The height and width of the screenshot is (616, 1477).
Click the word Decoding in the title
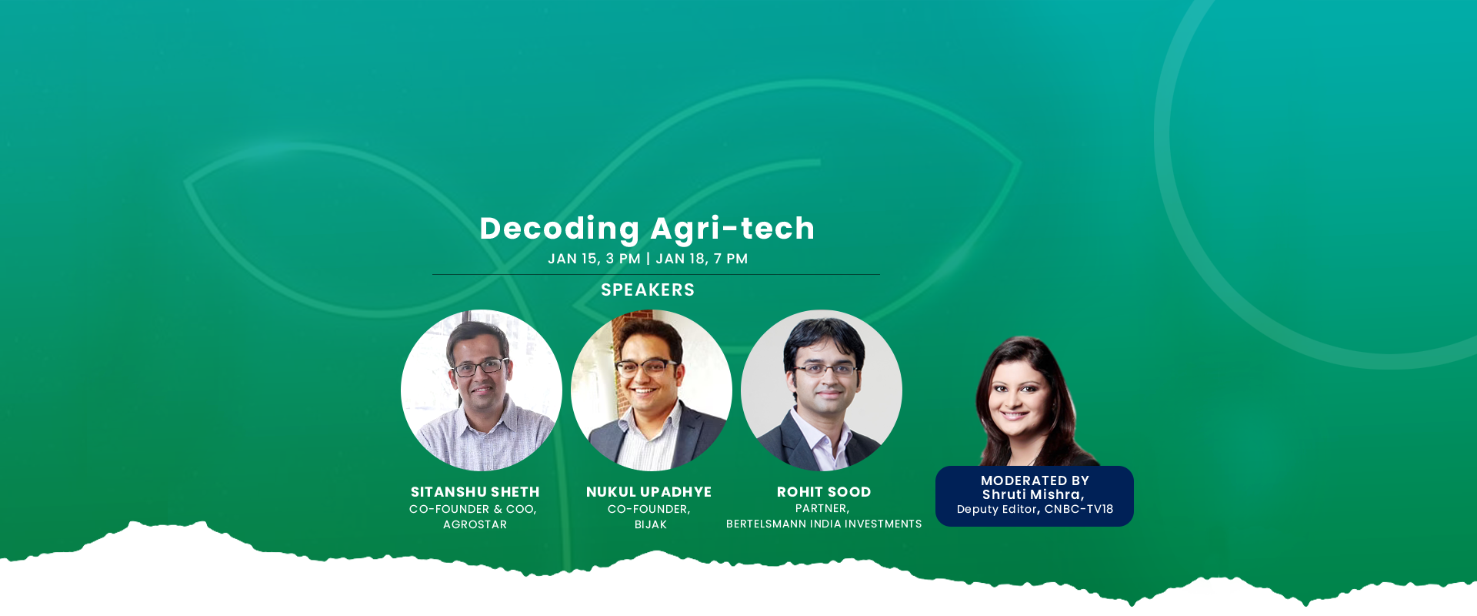click(559, 229)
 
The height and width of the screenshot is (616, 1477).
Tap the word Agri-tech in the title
click(732, 229)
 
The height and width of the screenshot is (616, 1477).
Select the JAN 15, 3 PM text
click(594, 259)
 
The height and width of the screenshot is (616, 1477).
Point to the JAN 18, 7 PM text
click(702, 259)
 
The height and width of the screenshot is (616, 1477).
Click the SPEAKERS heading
click(648, 290)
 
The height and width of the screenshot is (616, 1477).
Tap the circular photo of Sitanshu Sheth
click(482, 390)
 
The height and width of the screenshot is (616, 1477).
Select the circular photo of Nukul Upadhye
click(652, 390)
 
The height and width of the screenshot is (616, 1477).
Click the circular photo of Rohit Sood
click(822, 390)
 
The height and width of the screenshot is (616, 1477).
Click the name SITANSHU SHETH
click(475, 492)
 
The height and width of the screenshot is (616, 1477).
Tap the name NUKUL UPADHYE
click(649, 492)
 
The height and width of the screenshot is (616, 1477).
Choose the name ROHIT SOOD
click(824, 492)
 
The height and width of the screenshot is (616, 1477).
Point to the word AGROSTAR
click(475, 524)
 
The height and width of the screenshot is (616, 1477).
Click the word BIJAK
click(651, 524)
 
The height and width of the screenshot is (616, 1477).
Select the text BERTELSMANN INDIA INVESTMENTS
click(824, 524)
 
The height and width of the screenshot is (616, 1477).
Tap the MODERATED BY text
click(1035, 480)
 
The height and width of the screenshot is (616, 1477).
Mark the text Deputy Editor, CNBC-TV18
click(1035, 509)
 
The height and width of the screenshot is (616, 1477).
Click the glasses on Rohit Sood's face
click(825, 370)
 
